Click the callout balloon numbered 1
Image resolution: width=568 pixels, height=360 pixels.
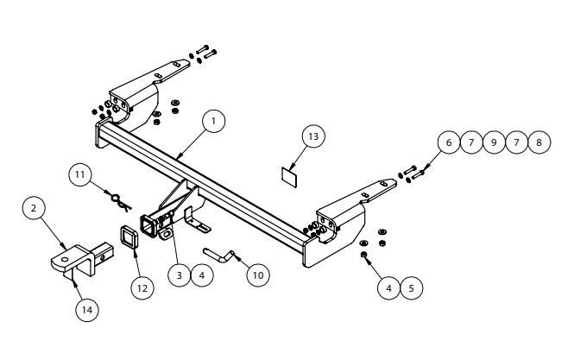pos(214,122)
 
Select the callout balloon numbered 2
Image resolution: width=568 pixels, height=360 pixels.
pos(33,208)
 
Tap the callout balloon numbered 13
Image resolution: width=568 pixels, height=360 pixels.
pos(312,136)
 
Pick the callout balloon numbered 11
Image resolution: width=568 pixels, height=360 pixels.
pos(81,175)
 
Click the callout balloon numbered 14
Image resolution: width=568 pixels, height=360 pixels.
pos(85,309)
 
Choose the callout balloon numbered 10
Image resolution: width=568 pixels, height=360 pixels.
pos(256,275)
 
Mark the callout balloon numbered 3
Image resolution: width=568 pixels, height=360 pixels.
pos(179,275)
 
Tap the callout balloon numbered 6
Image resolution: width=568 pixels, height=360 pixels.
pos(448,142)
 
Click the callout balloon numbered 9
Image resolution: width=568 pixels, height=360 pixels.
pos(493,142)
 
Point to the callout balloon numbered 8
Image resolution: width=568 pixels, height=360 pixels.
pos(538,142)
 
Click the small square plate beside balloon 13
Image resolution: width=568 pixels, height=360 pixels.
pos(288,176)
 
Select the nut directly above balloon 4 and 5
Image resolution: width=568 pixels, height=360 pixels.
pos(366,256)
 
